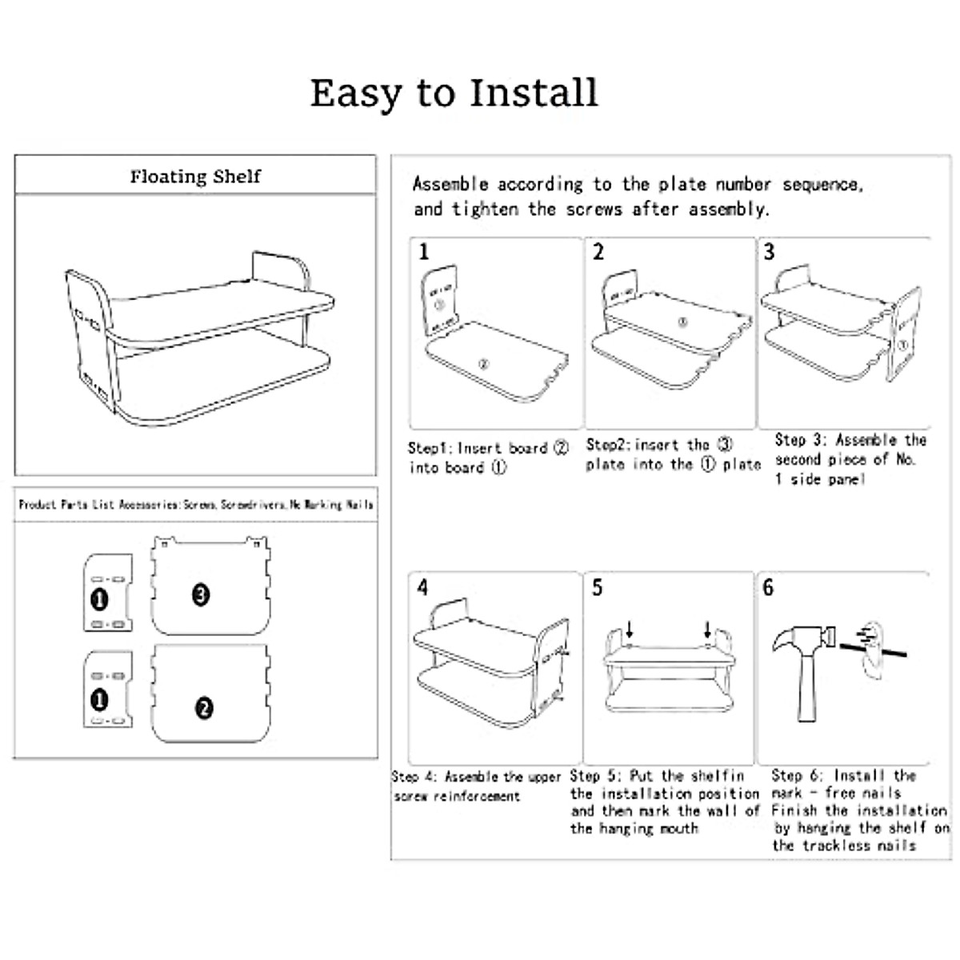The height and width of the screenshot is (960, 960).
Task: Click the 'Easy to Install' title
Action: [454, 93]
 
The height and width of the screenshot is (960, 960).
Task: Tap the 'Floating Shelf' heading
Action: [195, 176]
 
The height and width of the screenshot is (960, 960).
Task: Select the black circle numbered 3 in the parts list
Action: [201, 594]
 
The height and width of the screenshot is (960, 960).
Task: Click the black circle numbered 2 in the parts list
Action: [204, 708]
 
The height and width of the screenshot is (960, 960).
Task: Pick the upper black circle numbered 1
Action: [99, 598]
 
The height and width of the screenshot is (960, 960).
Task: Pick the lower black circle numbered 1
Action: [99, 701]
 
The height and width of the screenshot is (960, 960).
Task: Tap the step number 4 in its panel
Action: [422, 588]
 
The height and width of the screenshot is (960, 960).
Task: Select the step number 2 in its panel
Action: [598, 252]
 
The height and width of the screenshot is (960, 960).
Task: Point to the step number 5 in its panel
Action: [597, 588]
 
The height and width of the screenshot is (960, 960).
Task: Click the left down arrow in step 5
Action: [630, 630]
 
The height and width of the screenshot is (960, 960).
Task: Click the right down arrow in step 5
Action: [708, 630]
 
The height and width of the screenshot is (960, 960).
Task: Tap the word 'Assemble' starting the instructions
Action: [450, 184]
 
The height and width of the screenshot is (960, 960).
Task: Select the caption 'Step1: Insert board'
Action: [478, 448]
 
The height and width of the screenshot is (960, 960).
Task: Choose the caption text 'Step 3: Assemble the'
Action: [850, 440]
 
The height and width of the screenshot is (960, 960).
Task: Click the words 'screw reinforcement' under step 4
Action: [457, 797]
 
